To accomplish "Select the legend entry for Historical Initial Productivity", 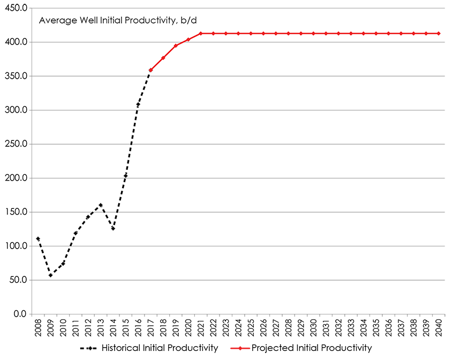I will pos(159,348).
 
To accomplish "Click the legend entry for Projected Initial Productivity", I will pos(311,348).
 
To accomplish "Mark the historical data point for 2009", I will pos(50,275).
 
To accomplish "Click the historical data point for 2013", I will pos(101,205).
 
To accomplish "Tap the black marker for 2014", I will pos(113,229).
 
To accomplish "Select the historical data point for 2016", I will pos(138,104).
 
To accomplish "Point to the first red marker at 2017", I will pos(150,70).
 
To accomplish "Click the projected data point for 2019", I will pos(176,46).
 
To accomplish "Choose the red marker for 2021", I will pos(201,34).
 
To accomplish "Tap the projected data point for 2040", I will pos(439,34).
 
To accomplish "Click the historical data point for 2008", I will pos(38,238).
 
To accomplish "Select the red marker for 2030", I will pos(313,34).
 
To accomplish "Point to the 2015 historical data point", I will pos(126,175).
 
